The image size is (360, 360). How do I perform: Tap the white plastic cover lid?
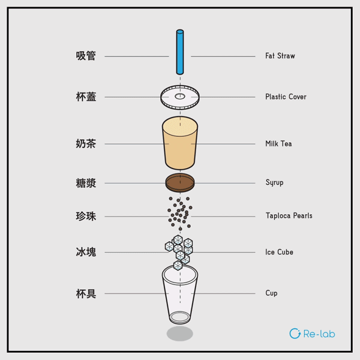[191, 98]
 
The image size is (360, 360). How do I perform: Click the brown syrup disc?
[180, 182]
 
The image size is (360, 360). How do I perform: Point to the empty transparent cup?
[180, 294]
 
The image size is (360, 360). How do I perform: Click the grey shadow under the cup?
[180, 334]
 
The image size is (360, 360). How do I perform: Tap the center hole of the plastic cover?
[180, 96]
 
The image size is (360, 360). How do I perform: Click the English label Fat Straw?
[280, 56]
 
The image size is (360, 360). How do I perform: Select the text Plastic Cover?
[286, 97]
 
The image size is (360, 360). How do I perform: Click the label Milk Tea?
[278, 144]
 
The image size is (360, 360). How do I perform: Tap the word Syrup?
[274, 182]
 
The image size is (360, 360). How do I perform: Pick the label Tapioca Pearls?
[289, 216]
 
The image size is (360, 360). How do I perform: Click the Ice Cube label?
[279, 253]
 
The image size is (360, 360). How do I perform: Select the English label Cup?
[271, 293]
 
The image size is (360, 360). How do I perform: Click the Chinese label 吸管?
[86, 56]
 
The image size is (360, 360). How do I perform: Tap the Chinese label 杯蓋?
[86, 97]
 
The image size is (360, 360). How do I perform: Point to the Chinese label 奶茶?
[86, 144]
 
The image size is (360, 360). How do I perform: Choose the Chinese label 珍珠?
[86, 216]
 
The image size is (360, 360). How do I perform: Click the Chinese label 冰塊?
[86, 253]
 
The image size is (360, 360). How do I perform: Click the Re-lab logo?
[312, 334]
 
